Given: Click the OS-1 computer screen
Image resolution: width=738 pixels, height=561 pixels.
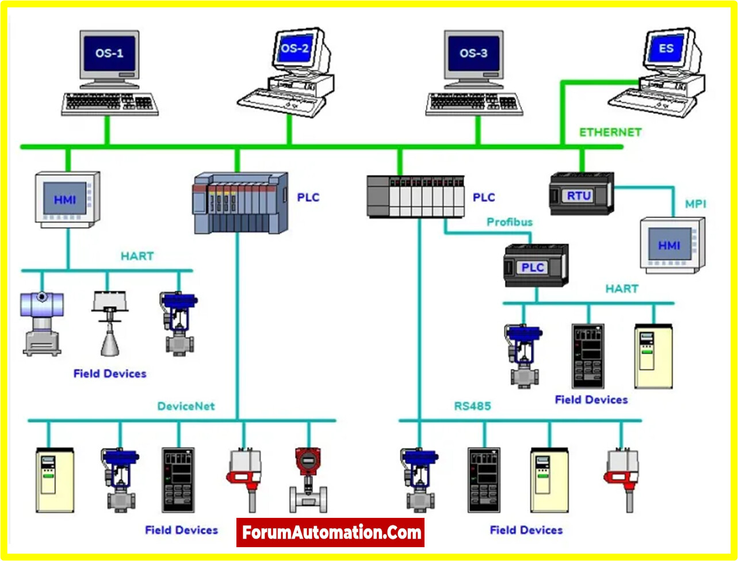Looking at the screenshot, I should [x=109, y=55].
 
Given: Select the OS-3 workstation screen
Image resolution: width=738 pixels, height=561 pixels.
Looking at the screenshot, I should [x=473, y=54].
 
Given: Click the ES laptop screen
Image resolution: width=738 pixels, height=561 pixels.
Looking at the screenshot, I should [x=666, y=48].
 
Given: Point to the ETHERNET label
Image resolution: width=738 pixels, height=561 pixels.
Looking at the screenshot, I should [x=610, y=132].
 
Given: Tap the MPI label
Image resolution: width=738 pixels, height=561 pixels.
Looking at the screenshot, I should [x=695, y=204].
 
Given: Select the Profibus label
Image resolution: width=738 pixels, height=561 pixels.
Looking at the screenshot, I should [x=510, y=222].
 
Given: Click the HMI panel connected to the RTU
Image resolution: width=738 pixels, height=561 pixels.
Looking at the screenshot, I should [x=671, y=245].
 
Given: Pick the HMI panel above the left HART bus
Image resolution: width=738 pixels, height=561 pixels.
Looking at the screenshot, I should [x=66, y=199].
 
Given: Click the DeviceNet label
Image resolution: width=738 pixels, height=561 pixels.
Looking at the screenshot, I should [x=186, y=406].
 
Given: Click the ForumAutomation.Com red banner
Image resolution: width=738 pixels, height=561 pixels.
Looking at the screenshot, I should [x=331, y=532].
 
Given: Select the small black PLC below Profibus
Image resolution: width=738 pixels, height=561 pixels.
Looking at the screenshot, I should [x=536, y=266].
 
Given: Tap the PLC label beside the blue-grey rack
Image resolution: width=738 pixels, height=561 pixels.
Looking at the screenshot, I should [x=308, y=198].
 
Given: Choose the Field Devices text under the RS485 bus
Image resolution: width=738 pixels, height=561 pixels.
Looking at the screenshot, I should [x=526, y=530].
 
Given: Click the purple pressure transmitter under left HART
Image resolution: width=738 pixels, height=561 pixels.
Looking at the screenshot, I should [x=41, y=322].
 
